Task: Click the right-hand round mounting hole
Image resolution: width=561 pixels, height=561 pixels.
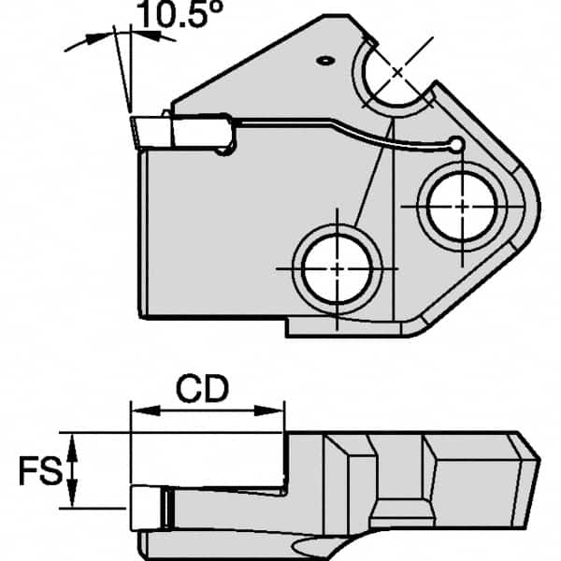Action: click(x=460, y=205)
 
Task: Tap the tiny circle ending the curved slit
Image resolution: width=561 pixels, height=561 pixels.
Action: click(x=455, y=144)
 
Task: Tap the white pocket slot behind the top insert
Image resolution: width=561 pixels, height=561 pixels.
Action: click(x=200, y=134)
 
